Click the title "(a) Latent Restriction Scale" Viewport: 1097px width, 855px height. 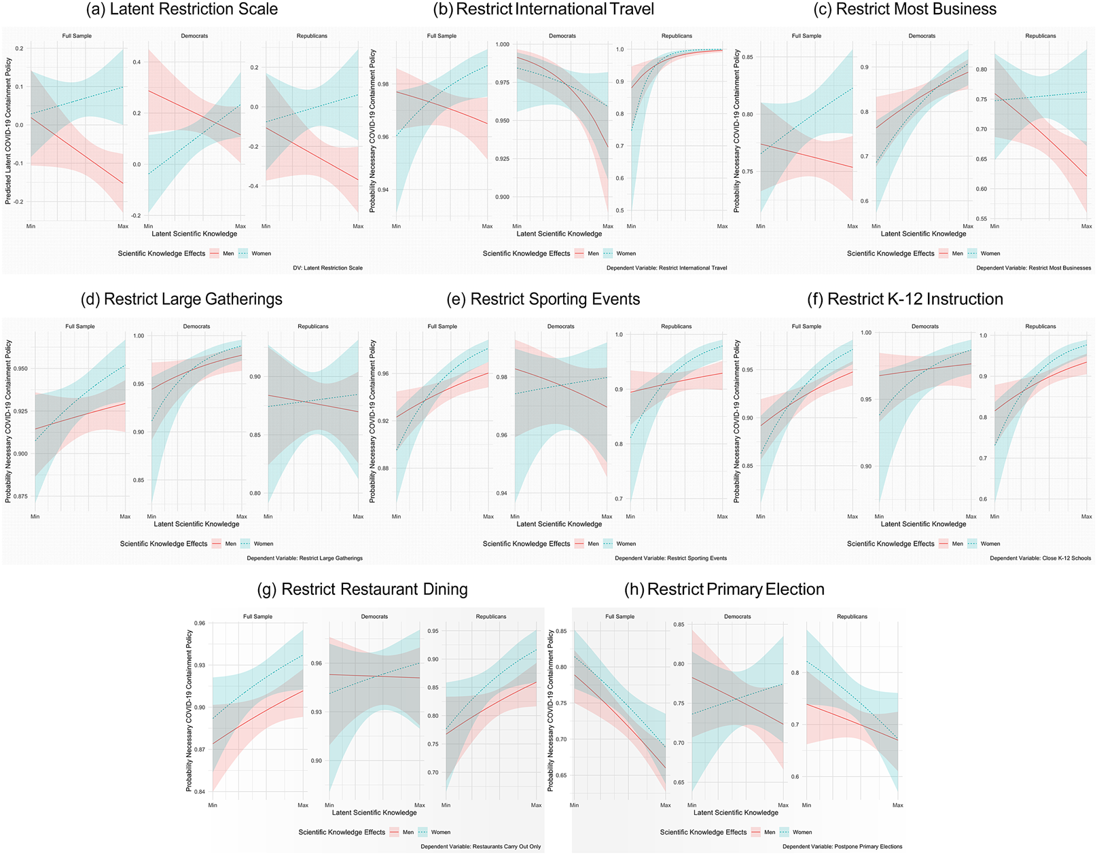click(182, 10)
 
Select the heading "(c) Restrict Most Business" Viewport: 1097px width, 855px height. click(916, 10)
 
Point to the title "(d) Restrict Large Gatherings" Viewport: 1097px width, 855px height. click(181, 299)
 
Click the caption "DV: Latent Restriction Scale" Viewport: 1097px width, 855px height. click(327, 268)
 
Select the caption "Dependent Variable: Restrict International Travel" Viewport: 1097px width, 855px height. click(666, 268)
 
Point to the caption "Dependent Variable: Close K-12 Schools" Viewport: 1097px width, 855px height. click(1040, 558)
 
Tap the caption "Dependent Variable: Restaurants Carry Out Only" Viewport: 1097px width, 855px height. click(480, 847)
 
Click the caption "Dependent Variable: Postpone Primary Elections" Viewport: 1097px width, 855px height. click(842, 847)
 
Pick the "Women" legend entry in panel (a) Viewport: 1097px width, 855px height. click(261, 254)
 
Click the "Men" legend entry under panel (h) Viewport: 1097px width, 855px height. click(769, 833)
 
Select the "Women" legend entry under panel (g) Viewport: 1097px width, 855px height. click(440, 833)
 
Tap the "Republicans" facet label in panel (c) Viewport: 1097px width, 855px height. click(1040, 36)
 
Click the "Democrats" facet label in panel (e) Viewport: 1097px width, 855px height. click(561, 327)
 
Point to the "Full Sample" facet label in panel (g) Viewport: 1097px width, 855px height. click(257, 617)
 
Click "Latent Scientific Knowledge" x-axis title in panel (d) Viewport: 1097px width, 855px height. click(196, 524)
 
